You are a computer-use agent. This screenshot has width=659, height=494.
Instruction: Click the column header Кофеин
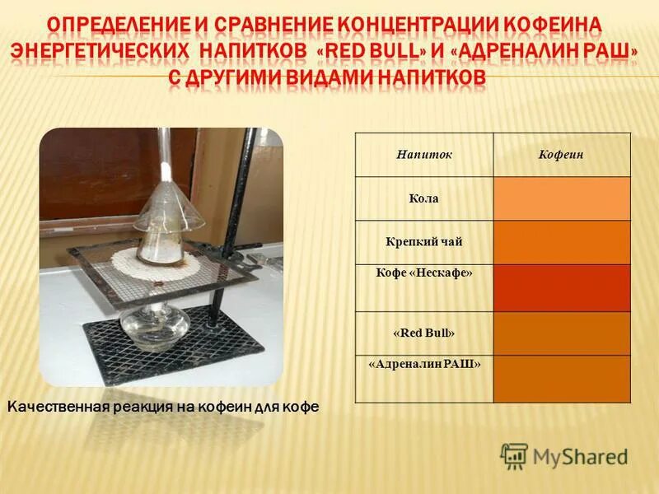(562, 155)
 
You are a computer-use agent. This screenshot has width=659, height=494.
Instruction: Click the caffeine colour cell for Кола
(562, 198)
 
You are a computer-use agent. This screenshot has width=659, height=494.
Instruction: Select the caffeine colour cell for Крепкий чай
(562, 242)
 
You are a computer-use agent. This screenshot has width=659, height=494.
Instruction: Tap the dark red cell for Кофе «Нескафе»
(562, 287)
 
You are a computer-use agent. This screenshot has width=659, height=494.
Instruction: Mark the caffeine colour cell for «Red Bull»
(562, 333)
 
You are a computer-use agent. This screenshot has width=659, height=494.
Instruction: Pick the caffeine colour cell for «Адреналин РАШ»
(562, 378)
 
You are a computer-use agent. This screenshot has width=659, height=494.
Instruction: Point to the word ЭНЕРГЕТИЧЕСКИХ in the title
(99, 51)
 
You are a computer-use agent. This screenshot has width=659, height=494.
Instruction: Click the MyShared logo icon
(514, 455)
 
